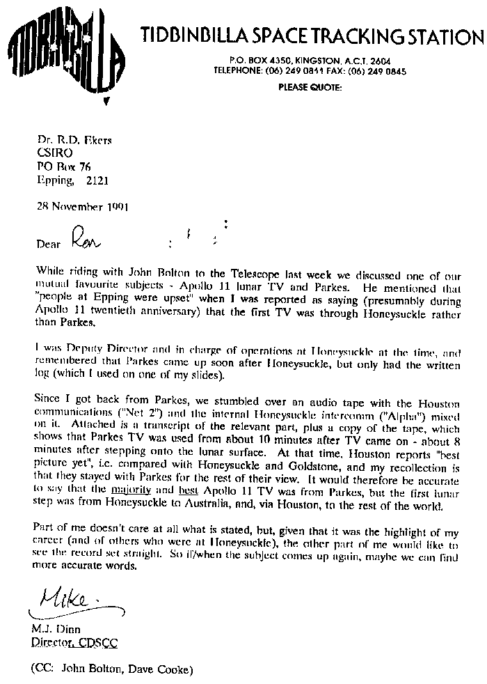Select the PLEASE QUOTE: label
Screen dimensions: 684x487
pyautogui.click(x=310, y=87)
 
